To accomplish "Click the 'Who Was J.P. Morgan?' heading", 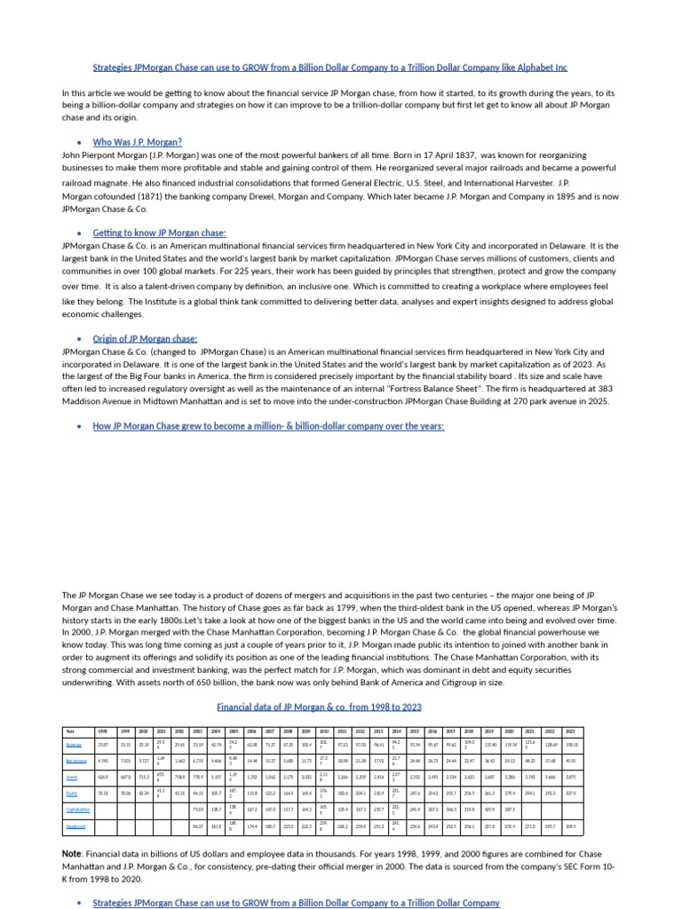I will tap(138, 142).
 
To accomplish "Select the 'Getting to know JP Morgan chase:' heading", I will tap(159, 233).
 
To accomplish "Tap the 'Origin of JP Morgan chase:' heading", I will tap(145, 339).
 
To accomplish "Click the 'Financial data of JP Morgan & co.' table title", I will tap(319, 707).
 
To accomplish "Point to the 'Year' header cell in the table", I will tap(70, 731).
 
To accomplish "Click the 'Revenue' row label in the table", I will tap(74, 745).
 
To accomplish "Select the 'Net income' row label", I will tap(76, 761).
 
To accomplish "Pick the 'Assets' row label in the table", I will tap(71, 777).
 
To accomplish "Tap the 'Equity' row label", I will tap(71, 793).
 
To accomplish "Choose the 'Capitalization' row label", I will tap(78, 809).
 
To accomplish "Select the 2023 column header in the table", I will tap(594, 731).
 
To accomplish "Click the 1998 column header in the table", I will tap(102, 731).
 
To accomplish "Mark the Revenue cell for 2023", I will tap(594, 745).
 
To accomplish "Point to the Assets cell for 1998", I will tap(102, 777).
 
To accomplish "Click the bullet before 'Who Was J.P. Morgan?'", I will tap(79, 143).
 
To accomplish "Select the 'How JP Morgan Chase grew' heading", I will tap(268, 426).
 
